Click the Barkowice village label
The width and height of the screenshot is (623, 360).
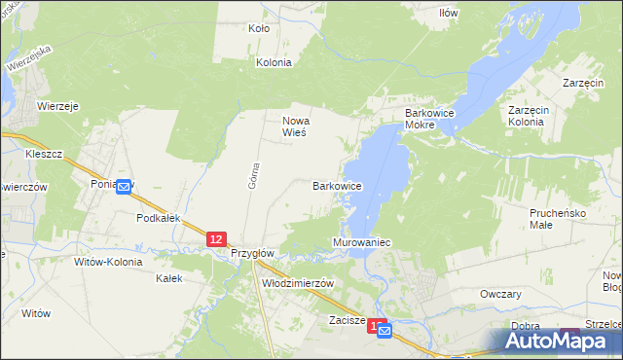tap(338, 185)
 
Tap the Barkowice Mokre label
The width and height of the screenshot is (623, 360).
tap(432, 120)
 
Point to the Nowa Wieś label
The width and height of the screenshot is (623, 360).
tap(295, 126)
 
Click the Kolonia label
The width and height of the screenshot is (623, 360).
tap(274, 62)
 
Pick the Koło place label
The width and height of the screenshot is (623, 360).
tap(259, 29)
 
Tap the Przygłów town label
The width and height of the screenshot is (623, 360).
tap(254, 253)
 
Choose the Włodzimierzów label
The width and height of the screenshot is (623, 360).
tap(299, 283)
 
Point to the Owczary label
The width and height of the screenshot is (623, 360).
tap(501, 294)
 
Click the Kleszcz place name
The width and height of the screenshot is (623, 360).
tap(45, 155)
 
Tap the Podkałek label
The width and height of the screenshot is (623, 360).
tap(159, 219)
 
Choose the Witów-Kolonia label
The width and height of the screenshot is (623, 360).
tap(108, 262)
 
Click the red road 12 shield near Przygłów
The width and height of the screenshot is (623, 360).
tap(216, 238)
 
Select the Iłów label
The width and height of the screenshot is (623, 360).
tap(448, 13)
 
